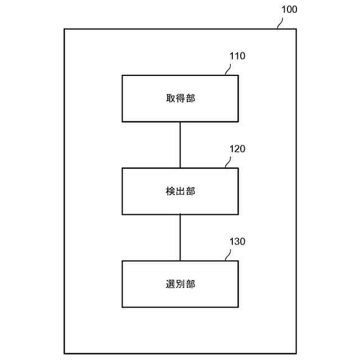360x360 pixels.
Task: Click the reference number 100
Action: click(289, 10)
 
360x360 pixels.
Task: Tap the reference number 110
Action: click(237, 56)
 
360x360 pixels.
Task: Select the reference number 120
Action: click(237, 149)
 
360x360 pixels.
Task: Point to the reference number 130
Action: click(237, 241)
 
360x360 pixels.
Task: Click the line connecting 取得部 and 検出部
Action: click(180, 145)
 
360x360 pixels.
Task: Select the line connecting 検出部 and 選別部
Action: click(180, 237)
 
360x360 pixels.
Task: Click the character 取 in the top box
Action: click(170, 98)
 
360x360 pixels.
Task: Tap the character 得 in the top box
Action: click(180, 98)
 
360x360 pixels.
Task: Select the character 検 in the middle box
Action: click(170, 191)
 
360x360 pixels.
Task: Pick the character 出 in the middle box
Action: click(180, 191)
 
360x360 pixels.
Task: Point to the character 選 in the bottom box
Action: click(170, 284)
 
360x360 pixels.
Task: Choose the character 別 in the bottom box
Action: click(180, 284)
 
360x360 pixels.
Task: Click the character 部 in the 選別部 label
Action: click(190, 284)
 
